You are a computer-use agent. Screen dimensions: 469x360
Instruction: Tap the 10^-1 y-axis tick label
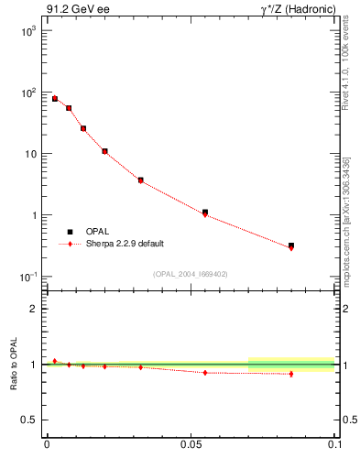coord(26,277)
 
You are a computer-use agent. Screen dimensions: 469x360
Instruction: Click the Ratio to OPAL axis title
coord(14,365)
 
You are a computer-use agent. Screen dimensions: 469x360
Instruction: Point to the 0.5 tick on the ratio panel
coord(29,420)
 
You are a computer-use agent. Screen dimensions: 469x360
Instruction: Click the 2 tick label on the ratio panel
coord(34,309)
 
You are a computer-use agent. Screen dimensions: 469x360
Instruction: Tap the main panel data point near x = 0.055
coord(205,213)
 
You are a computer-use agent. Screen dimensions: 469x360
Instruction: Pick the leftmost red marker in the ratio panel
coord(55,361)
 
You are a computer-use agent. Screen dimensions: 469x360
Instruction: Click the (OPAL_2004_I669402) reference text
coord(191,273)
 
